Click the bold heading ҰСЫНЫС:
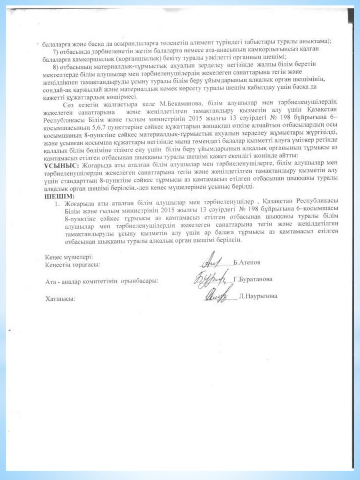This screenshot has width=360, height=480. [x=61, y=166]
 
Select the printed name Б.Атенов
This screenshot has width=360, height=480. [x=246, y=262]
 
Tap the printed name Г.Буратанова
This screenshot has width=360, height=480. [x=253, y=279]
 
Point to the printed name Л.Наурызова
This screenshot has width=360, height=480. [x=258, y=296]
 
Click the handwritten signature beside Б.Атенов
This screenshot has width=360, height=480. [x=211, y=262]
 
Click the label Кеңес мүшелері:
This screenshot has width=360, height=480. [x=69, y=257]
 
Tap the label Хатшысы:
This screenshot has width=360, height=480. [x=60, y=299]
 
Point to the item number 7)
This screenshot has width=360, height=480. [x=55, y=52]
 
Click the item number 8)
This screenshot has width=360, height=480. [x=56, y=67]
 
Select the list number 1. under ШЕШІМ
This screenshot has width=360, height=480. [x=57, y=203]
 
